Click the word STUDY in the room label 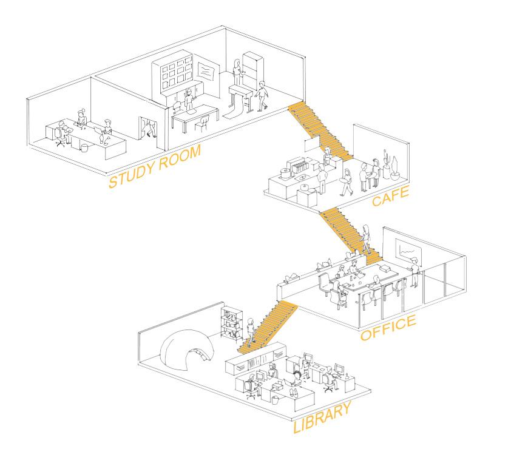(131, 173)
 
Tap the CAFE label (390, 196)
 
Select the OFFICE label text (388, 328)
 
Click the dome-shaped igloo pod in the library (187, 352)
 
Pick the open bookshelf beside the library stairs (232, 323)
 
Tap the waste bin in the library (276, 400)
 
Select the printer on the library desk (277, 387)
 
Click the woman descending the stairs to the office (366, 239)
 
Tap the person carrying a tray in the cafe (346, 183)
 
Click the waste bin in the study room (85, 148)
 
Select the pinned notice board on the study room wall (206, 70)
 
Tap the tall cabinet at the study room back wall (253, 70)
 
